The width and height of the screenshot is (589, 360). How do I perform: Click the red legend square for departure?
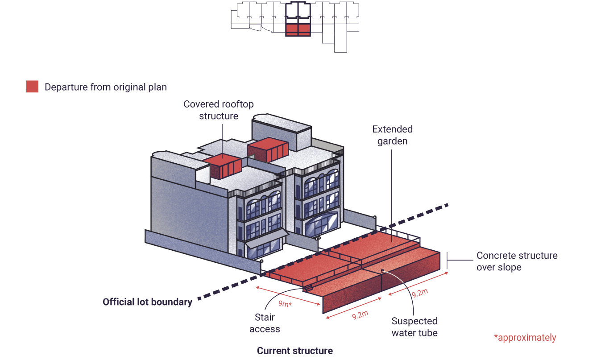(32, 87)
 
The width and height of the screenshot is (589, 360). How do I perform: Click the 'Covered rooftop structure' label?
(219, 110)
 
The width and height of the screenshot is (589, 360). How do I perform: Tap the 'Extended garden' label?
(392, 135)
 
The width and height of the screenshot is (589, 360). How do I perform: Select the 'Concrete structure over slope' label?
(517, 261)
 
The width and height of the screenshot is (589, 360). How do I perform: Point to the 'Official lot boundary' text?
(147, 302)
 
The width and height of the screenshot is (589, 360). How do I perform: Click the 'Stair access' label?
(265, 323)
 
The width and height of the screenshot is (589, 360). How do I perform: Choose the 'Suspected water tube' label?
(415, 327)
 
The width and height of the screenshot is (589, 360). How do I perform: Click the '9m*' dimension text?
(285, 304)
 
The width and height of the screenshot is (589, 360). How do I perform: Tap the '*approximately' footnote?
(525, 338)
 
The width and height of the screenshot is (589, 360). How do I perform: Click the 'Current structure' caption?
(295, 351)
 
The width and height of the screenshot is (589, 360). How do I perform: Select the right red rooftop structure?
(268, 149)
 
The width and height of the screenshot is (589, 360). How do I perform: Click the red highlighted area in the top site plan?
(298, 30)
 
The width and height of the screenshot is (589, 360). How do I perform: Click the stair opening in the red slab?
(308, 289)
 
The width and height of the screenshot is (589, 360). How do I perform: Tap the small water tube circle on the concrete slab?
(382, 271)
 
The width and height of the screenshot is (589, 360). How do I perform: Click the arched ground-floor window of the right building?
(321, 224)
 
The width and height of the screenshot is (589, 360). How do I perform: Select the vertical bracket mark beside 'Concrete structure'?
(447, 261)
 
